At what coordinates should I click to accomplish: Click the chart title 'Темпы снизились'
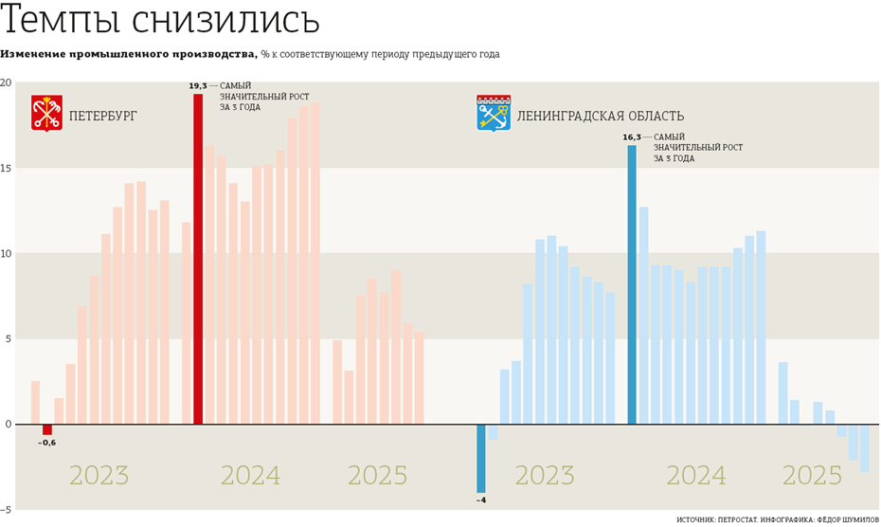pyautogui.click(x=161, y=22)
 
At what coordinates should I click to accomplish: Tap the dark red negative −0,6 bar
pyautogui.click(x=47, y=429)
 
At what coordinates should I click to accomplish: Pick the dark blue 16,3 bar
pyautogui.click(x=632, y=284)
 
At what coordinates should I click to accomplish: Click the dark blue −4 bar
pyautogui.click(x=481, y=458)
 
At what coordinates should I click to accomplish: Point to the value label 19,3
pyautogui.click(x=197, y=86)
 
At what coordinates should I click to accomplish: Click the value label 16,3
pyautogui.click(x=631, y=137)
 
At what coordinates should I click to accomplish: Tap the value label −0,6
pyautogui.click(x=46, y=443)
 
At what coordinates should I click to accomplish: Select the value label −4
pyautogui.click(x=481, y=500)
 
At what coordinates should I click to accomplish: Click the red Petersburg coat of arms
pyautogui.click(x=46, y=113)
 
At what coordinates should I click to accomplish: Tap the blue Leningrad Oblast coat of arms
pyautogui.click(x=494, y=113)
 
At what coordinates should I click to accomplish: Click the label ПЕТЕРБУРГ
pyautogui.click(x=103, y=116)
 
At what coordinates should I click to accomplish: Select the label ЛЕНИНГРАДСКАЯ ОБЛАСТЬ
pyautogui.click(x=600, y=116)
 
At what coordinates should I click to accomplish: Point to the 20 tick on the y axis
pyautogui.click(x=7, y=83)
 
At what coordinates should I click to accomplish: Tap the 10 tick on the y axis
pyautogui.click(x=7, y=254)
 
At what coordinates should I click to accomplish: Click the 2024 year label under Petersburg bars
pyautogui.click(x=250, y=476)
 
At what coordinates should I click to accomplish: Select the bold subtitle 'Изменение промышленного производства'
pyautogui.click(x=129, y=54)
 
